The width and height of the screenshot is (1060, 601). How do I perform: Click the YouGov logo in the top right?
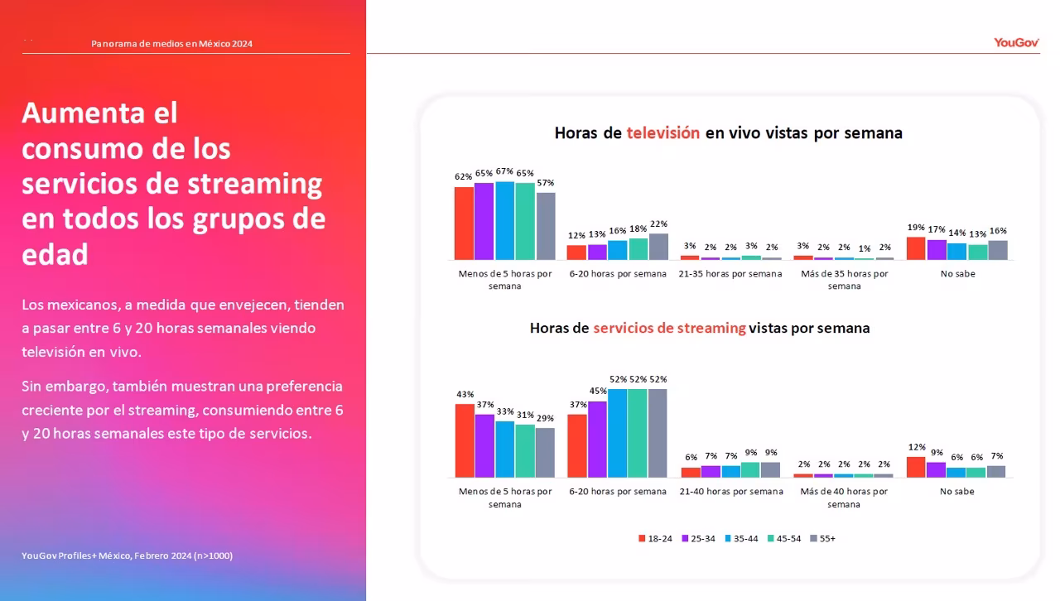coord(1016,43)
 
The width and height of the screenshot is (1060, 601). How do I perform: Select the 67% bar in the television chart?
coord(504,220)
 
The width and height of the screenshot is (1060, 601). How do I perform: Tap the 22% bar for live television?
coord(658,247)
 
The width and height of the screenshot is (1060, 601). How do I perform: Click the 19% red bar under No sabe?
coord(916,248)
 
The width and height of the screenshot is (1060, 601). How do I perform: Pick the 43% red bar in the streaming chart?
coord(465,440)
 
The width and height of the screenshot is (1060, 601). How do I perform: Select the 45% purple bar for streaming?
coord(597,439)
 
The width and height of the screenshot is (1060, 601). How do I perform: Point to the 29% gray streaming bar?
coord(545,452)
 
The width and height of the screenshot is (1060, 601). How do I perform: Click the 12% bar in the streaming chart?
coord(916,467)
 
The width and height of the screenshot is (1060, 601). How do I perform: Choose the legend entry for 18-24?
coord(655,539)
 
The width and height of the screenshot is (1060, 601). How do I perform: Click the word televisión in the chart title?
coord(662,132)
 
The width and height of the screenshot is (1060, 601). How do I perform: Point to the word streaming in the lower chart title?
coord(711,328)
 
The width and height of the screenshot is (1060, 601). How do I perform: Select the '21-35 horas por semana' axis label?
coord(730,274)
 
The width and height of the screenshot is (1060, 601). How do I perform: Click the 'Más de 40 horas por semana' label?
coord(844,498)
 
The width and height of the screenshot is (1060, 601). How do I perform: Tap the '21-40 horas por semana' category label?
coord(730,492)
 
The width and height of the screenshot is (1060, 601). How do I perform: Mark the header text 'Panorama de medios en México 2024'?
coord(171,44)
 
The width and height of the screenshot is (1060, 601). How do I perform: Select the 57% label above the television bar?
coord(545,183)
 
